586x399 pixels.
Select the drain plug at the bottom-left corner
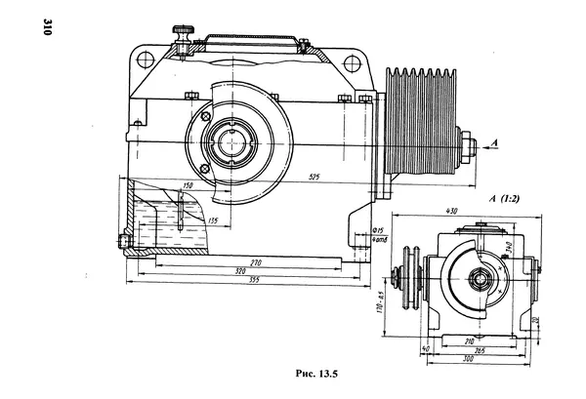[122, 241]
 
